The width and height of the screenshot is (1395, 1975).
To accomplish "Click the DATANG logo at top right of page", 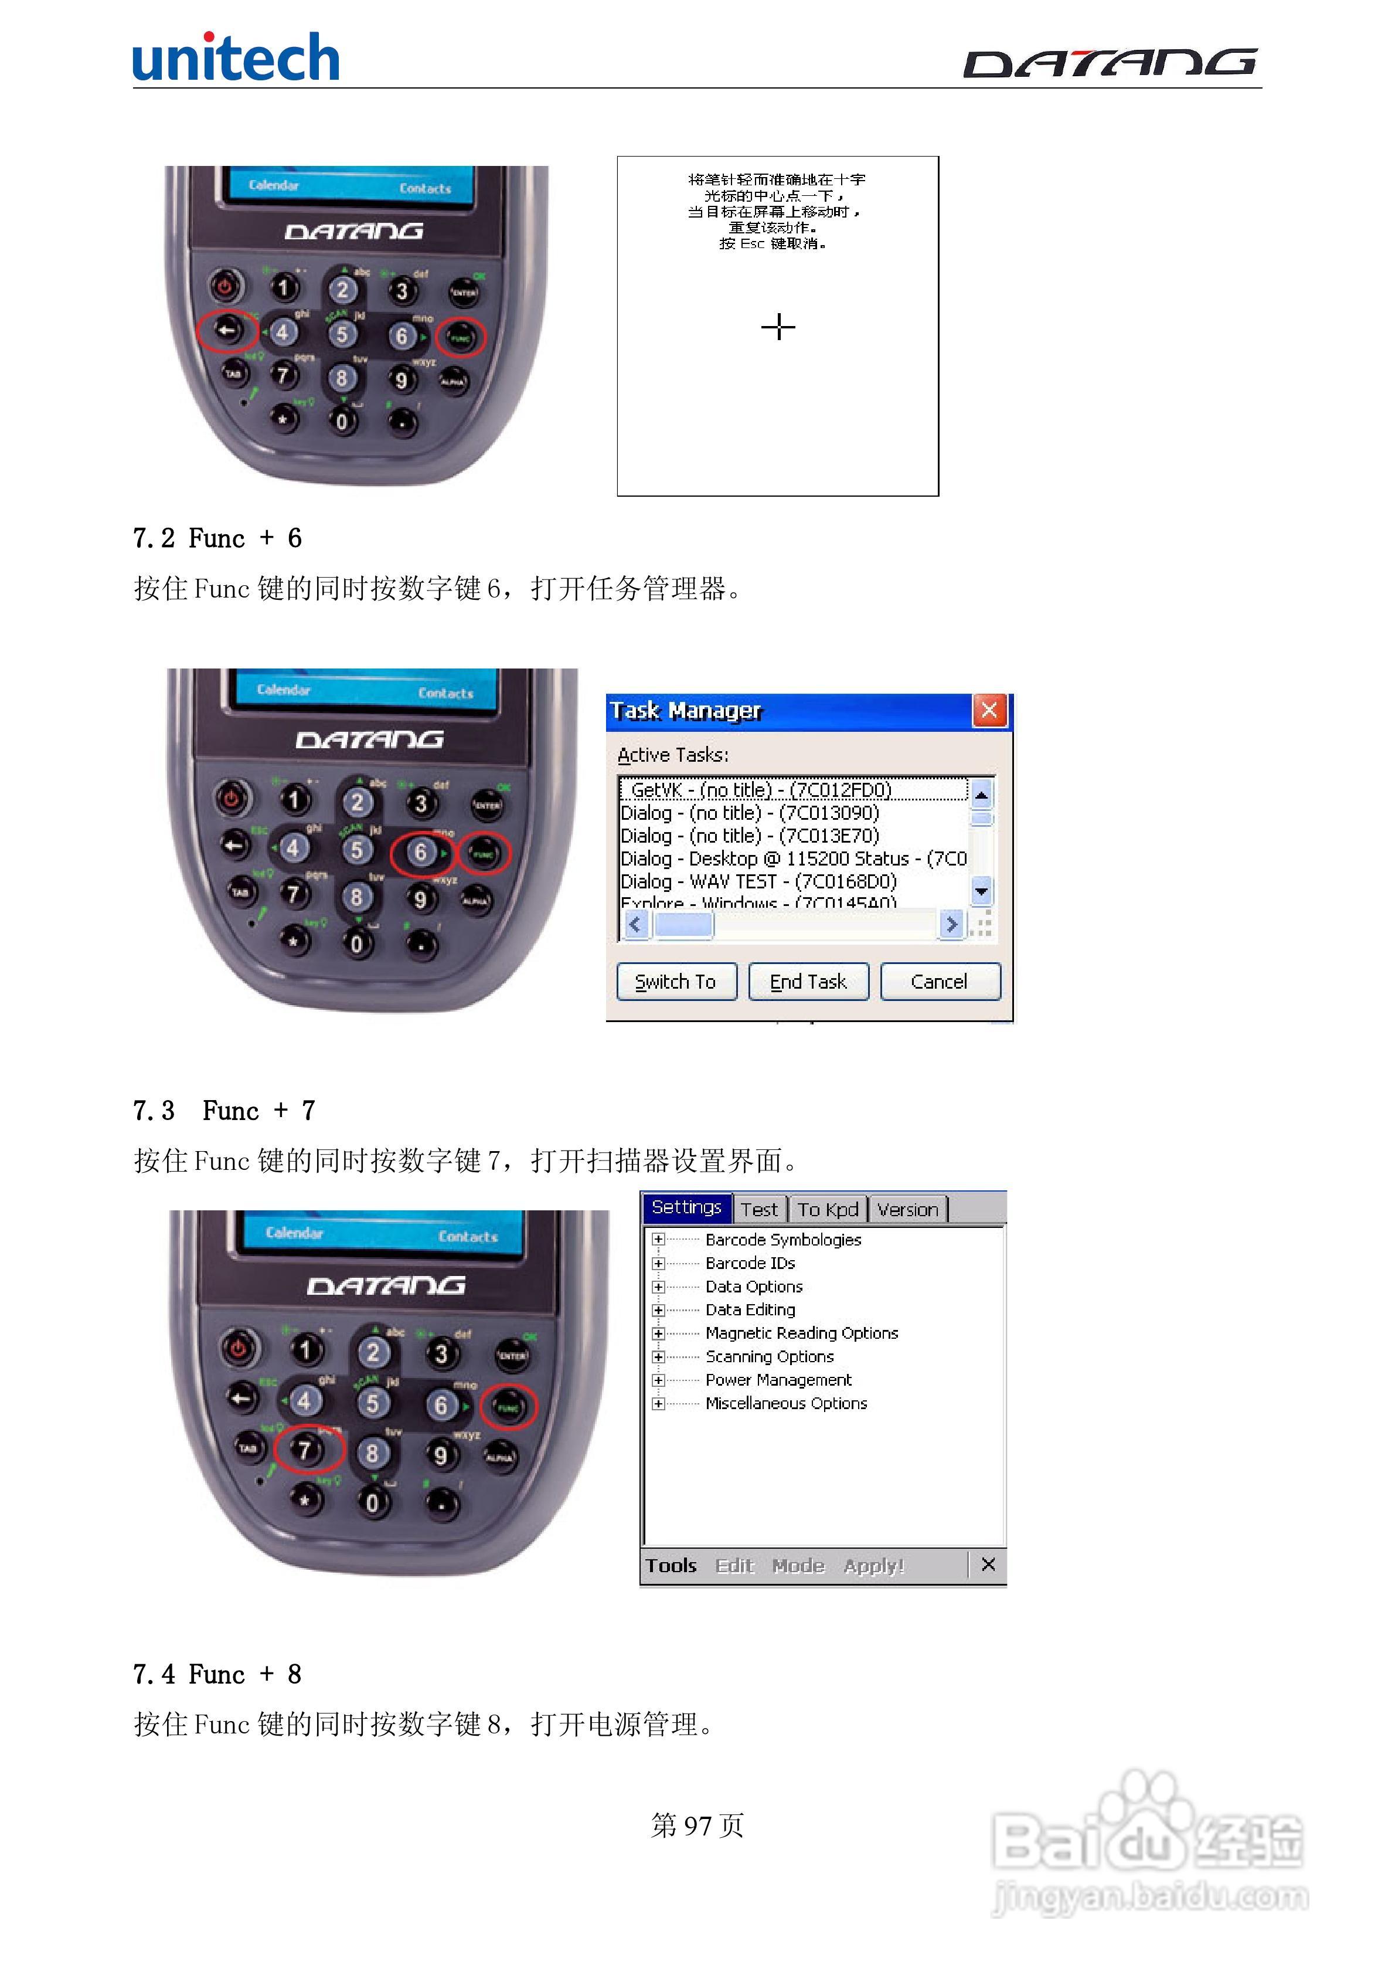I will tap(1110, 63).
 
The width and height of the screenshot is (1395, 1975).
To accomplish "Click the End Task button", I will tap(808, 982).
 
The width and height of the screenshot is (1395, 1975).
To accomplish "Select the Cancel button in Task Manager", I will tap(939, 982).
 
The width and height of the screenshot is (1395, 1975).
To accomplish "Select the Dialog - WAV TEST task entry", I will tap(758, 881).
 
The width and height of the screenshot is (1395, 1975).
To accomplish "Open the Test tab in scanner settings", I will tap(758, 1209).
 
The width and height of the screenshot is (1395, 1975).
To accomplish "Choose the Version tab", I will tap(907, 1209).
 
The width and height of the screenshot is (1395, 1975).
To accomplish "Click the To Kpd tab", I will tap(828, 1209).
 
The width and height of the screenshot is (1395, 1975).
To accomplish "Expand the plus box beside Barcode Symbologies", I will tap(658, 1240).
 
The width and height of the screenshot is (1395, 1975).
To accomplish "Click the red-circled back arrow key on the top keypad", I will tap(227, 330).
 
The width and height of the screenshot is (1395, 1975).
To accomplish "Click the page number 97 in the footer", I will tap(697, 1824).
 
